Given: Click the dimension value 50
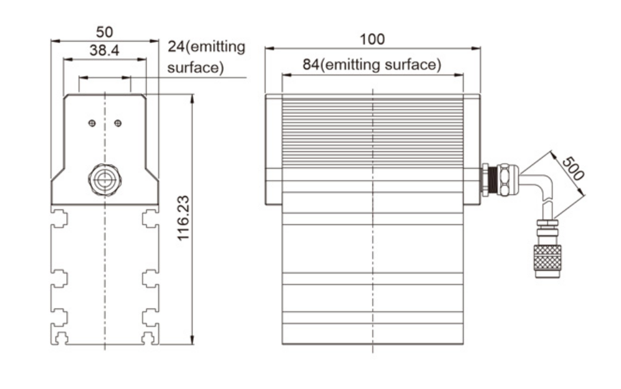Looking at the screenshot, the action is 105,32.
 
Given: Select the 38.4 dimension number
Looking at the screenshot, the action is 104,50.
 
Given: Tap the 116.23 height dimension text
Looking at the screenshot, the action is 183,218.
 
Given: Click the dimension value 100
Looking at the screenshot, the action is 372,39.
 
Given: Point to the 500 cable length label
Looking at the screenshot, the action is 573,168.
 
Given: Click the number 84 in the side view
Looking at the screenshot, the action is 310,65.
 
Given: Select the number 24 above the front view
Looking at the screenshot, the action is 176,46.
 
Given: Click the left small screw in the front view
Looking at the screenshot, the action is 92,123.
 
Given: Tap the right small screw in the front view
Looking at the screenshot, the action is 118,123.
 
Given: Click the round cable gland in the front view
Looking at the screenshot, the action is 105,180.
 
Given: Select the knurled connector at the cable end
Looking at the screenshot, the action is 547,261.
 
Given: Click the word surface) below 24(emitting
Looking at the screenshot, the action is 195,67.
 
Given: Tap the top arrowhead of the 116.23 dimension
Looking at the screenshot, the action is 192,98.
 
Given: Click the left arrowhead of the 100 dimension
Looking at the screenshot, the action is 270,49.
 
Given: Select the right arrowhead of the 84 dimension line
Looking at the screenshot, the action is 459,74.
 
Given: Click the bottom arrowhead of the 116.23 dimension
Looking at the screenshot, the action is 192,340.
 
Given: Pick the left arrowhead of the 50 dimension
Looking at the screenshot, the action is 56,41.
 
